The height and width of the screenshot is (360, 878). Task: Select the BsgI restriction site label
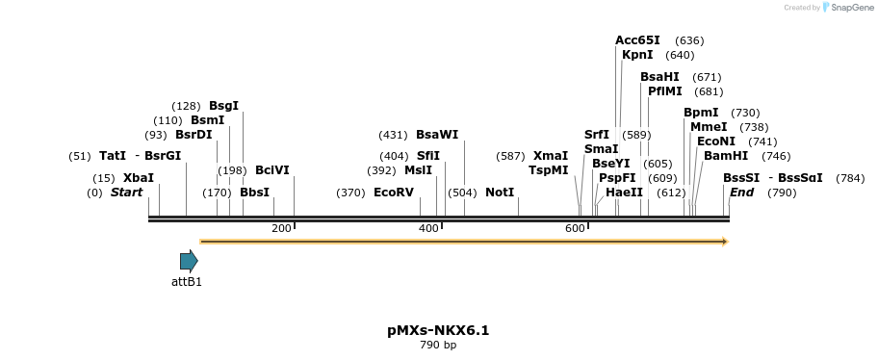(x=223, y=105)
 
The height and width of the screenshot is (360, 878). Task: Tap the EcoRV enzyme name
(x=393, y=193)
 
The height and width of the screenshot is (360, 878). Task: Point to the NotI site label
(x=500, y=193)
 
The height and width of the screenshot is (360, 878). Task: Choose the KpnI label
(x=637, y=55)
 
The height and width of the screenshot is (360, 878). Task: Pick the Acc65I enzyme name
(x=637, y=40)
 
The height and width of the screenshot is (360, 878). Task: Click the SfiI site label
(x=427, y=155)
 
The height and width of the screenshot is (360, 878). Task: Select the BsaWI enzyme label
(x=437, y=135)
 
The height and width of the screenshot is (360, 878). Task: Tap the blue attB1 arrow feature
(x=189, y=261)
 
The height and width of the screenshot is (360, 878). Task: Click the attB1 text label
(x=187, y=282)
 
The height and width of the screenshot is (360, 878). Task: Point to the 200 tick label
(x=281, y=228)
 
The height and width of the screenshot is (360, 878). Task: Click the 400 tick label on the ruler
(x=428, y=228)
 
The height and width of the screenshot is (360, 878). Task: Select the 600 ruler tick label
(x=575, y=228)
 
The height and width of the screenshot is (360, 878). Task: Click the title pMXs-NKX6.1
(x=438, y=330)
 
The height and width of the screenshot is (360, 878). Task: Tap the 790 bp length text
(x=438, y=345)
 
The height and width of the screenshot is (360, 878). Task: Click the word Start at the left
(x=126, y=193)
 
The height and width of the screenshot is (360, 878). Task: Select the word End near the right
(x=741, y=193)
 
